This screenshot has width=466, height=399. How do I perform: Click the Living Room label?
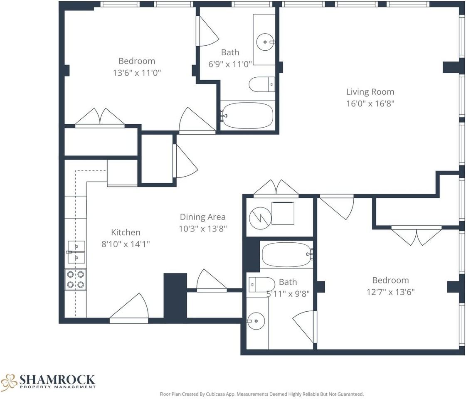[x=370, y=92]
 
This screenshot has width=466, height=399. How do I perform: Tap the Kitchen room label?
[x=126, y=232]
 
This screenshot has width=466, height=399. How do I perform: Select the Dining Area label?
[x=202, y=217]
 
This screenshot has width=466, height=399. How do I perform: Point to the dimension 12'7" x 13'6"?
[x=390, y=292]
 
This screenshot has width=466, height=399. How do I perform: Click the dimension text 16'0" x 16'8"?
[x=370, y=103]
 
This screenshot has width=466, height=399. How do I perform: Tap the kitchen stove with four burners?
[x=76, y=279]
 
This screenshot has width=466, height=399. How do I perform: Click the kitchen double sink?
[x=76, y=252]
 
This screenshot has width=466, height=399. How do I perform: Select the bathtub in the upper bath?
[x=248, y=116]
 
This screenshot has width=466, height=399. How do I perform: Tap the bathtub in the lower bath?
[x=286, y=254]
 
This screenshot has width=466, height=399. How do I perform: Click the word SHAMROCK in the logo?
[x=57, y=379]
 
